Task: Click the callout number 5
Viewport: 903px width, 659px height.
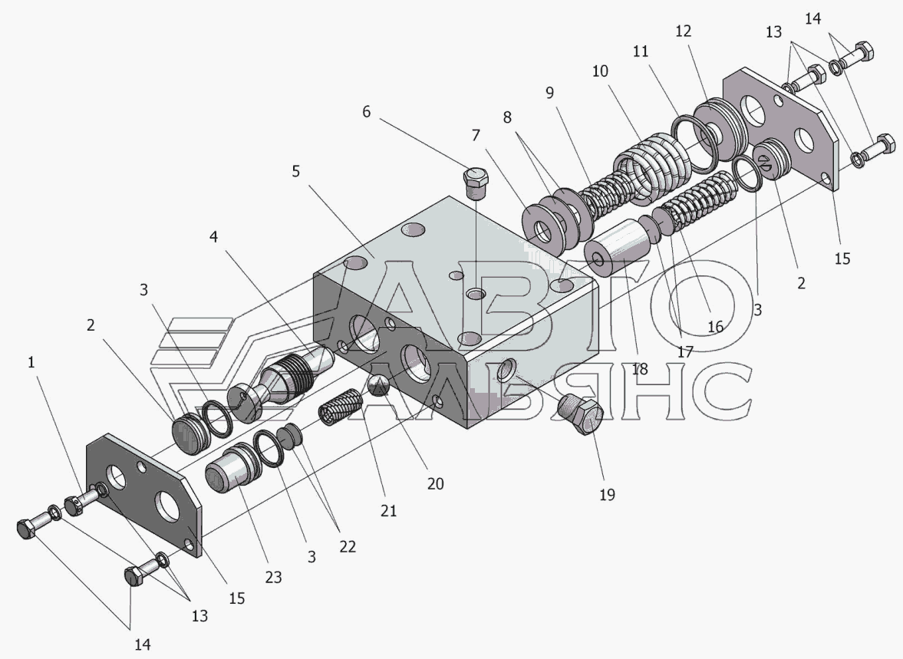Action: [295, 172]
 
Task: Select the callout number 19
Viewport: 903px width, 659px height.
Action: [607, 495]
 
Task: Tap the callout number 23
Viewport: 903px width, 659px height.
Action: [274, 577]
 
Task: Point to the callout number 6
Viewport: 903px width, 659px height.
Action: [366, 112]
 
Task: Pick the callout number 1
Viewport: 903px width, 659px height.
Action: [31, 362]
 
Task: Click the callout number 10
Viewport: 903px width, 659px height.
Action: [600, 71]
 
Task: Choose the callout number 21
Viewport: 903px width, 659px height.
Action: [389, 511]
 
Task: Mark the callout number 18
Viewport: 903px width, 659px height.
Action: [640, 369]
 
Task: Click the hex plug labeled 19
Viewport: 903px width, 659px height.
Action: [581, 414]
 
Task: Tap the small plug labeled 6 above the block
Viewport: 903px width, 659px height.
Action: [476, 182]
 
